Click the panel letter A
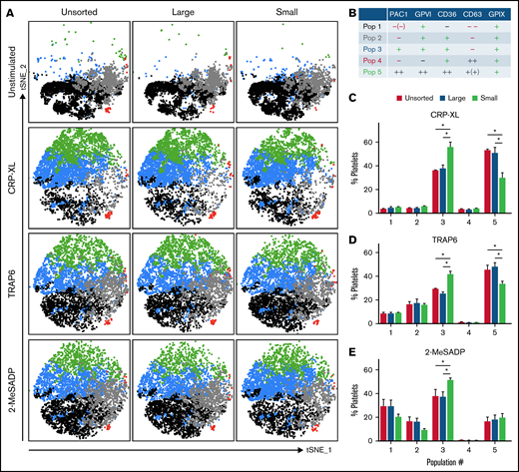coord(8,8)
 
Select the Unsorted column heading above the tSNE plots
coord(77,10)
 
